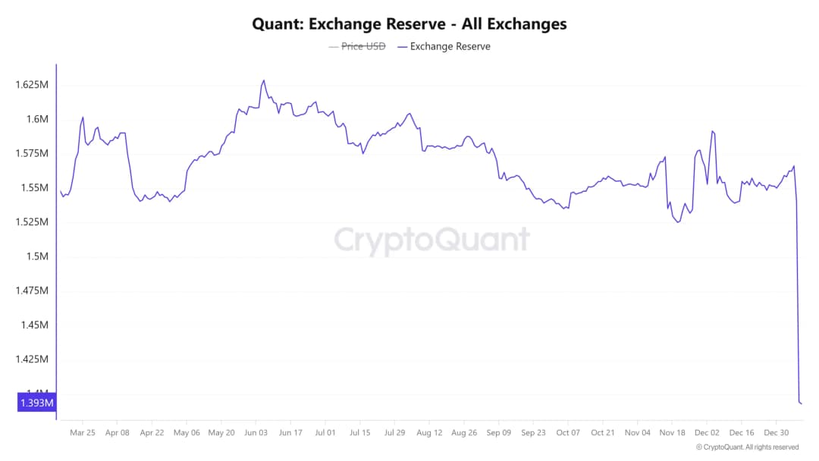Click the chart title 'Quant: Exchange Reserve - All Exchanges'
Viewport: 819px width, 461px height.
(x=409, y=24)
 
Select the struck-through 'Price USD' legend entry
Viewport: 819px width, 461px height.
(x=357, y=46)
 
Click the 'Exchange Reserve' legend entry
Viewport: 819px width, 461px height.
(x=444, y=46)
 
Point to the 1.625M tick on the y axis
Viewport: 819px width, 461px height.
(x=32, y=85)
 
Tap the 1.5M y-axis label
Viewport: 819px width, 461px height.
(x=36, y=256)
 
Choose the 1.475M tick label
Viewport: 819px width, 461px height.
(x=32, y=290)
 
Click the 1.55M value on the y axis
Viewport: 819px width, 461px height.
(x=34, y=187)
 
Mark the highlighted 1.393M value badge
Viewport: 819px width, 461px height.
(x=35, y=403)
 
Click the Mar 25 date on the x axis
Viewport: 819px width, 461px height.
(x=82, y=433)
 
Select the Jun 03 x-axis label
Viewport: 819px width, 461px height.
(x=256, y=433)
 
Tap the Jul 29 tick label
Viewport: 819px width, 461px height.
(x=394, y=433)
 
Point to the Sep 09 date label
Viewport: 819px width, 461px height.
(x=498, y=433)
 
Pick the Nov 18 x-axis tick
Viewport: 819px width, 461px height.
(x=672, y=433)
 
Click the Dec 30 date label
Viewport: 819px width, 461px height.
(x=776, y=433)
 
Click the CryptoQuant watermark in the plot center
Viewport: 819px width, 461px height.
(x=432, y=240)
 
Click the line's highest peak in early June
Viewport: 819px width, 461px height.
(x=263, y=80)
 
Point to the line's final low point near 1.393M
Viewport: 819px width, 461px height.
(x=801, y=403)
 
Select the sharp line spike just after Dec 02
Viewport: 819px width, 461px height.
(x=713, y=131)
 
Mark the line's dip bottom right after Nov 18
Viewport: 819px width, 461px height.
(x=678, y=221)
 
